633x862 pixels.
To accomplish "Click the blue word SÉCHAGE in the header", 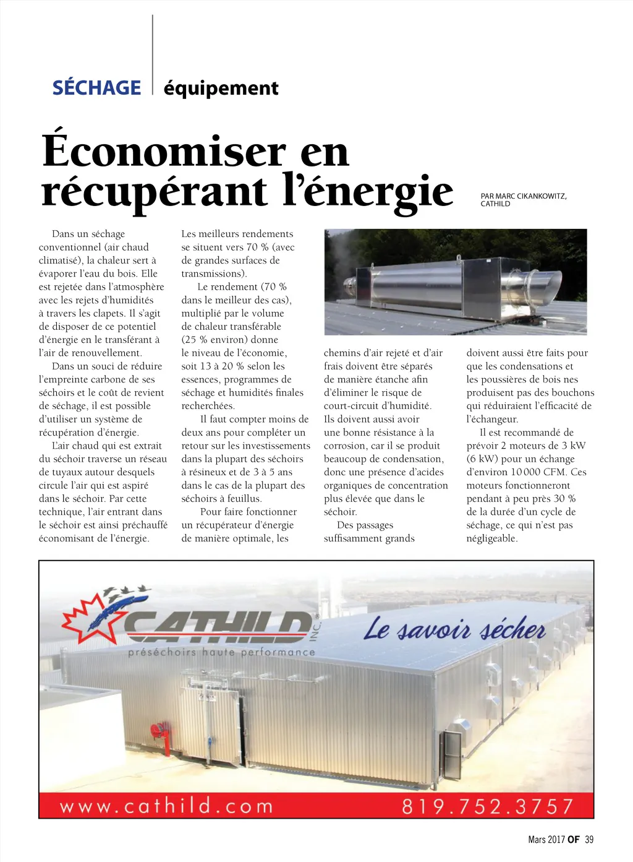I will [x=96, y=88].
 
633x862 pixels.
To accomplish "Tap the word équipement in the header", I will [x=221, y=88].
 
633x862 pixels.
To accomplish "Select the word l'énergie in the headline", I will [x=368, y=192].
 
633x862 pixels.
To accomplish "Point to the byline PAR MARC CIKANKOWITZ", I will [x=523, y=196].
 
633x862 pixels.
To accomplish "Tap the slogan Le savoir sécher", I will [x=454, y=630].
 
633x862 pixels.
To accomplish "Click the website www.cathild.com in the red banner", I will [x=166, y=806].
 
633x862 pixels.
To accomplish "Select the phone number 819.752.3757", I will [x=488, y=806].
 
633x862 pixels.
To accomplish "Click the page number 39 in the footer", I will [x=589, y=840].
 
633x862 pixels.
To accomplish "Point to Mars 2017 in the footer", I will [x=546, y=840].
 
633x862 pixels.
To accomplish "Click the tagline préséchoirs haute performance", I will [x=221, y=652].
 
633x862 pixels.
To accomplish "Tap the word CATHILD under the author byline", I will [x=495, y=204].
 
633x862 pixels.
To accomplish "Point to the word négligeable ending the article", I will [x=491, y=538].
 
